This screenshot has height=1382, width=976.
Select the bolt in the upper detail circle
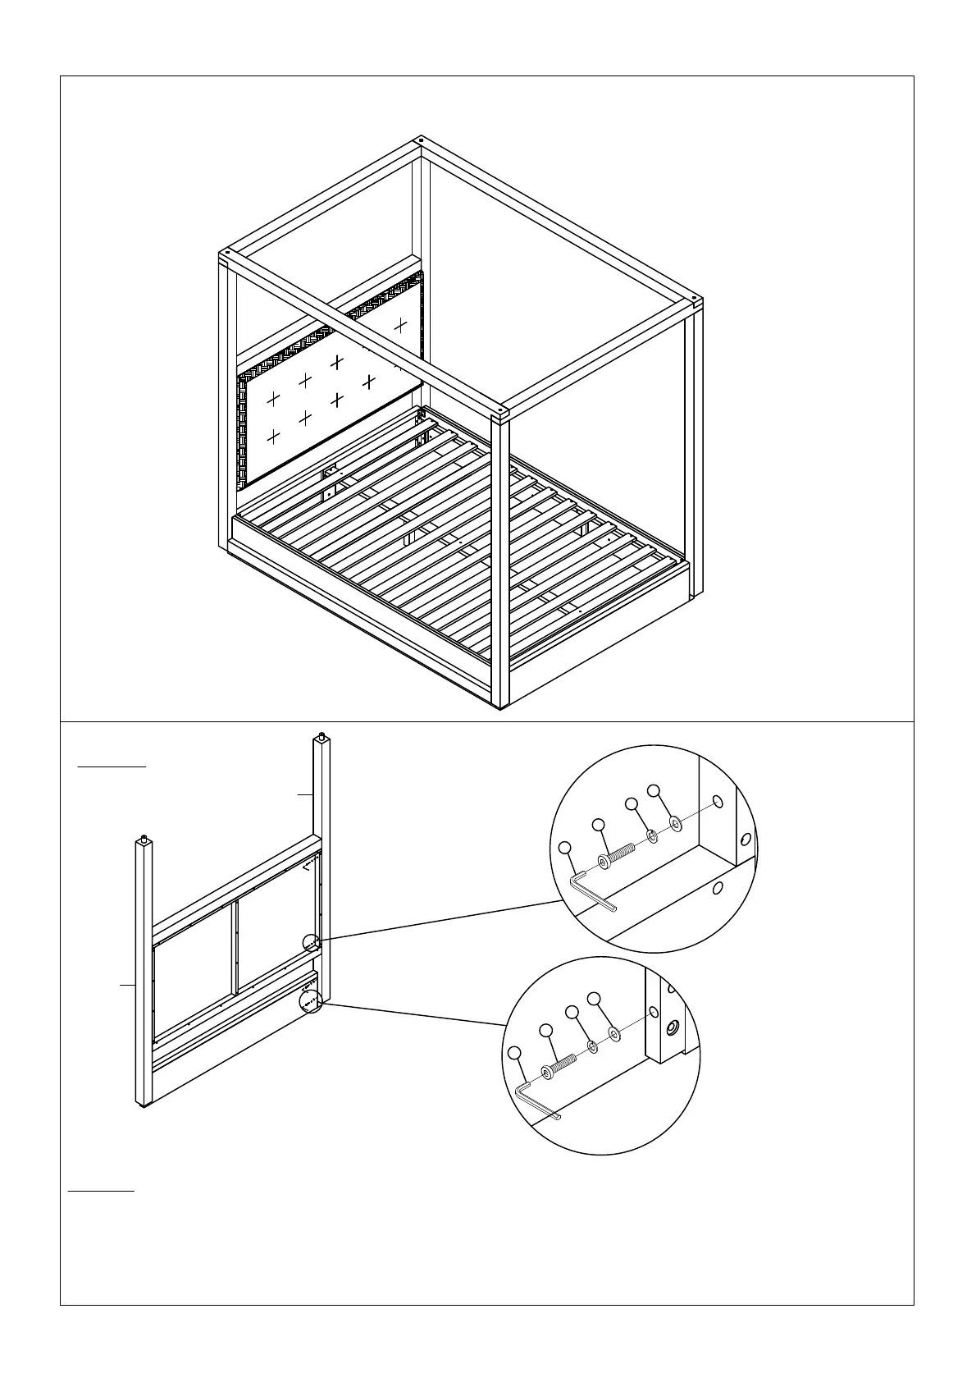tap(618, 855)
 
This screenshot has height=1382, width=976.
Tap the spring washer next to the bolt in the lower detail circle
tap(592, 1047)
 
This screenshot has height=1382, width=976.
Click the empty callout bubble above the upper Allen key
tap(564, 848)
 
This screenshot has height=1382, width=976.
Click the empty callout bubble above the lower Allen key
tap(514, 1053)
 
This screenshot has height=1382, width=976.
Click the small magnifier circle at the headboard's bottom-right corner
tap(308, 1002)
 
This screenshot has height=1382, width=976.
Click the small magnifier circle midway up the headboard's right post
tap(312, 943)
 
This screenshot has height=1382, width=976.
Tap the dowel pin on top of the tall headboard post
tap(320, 734)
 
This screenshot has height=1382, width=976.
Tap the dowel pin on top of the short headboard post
tap(144, 837)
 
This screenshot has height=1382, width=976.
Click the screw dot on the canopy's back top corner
tap(420, 140)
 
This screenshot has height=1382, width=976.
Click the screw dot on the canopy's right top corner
tap(696, 299)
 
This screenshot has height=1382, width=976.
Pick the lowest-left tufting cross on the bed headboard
tap(273, 437)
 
